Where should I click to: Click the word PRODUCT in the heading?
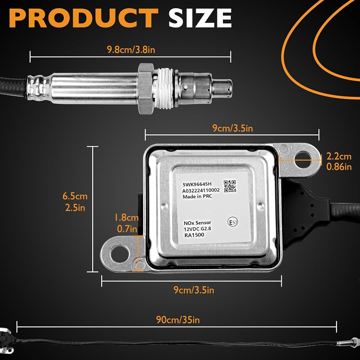tap(84, 18)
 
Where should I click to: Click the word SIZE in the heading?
tap(200, 18)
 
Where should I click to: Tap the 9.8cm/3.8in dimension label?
tap(131, 50)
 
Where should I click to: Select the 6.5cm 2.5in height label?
tap(75, 202)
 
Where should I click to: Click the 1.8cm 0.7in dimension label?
tap(126, 223)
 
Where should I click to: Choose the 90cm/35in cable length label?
tap(178, 320)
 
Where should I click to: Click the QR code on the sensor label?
tap(230, 186)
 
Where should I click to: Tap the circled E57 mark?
tap(233, 222)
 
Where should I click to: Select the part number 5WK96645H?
tap(197, 184)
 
